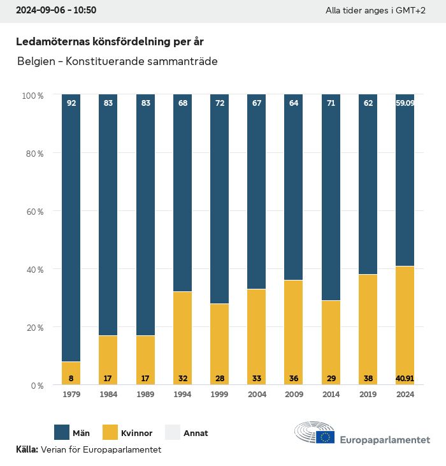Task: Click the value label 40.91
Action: click(x=405, y=378)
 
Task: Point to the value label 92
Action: click(x=71, y=103)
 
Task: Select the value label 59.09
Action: click(x=405, y=103)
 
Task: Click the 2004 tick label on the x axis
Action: click(x=257, y=395)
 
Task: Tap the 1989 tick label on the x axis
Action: click(x=146, y=395)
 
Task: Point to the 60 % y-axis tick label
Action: click(x=34, y=212)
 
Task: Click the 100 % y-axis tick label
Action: click(x=32, y=96)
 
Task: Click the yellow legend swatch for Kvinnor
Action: click(x=110, y=433)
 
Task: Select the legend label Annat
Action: click(x=196, y=433)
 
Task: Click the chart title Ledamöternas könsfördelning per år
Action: click(x=110, y=41)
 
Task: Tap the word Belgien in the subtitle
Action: click(x=36, y=62)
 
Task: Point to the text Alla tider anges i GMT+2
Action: click(x=375, y=11)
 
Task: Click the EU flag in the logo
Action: click(x=326, y=437)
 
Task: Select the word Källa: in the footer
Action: click(x=27, y=449)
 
